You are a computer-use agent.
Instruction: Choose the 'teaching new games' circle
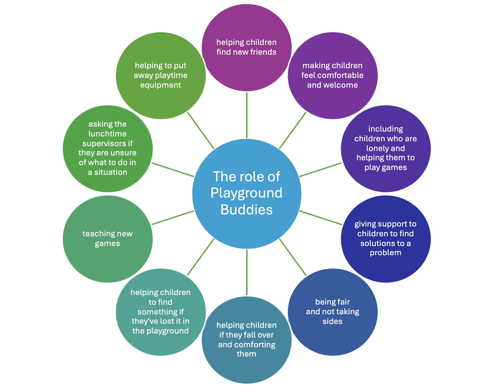[108, 260]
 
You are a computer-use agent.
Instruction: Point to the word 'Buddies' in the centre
[246, 210]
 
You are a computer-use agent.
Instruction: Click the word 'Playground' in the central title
[246, 193]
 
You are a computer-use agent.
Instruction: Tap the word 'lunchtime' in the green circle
[108, 134]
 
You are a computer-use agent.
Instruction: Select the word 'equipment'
[161, 85]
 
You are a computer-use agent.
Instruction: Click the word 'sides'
[333, 321]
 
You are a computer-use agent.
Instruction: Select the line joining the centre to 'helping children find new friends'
[247, 115]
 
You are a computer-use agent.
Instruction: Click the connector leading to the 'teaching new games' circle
[173, 217]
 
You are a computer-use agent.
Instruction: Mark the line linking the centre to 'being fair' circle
[292, 257]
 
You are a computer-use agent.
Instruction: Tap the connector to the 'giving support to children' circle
[321, 218]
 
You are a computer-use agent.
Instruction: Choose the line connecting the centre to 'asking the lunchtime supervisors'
[173, 170]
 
